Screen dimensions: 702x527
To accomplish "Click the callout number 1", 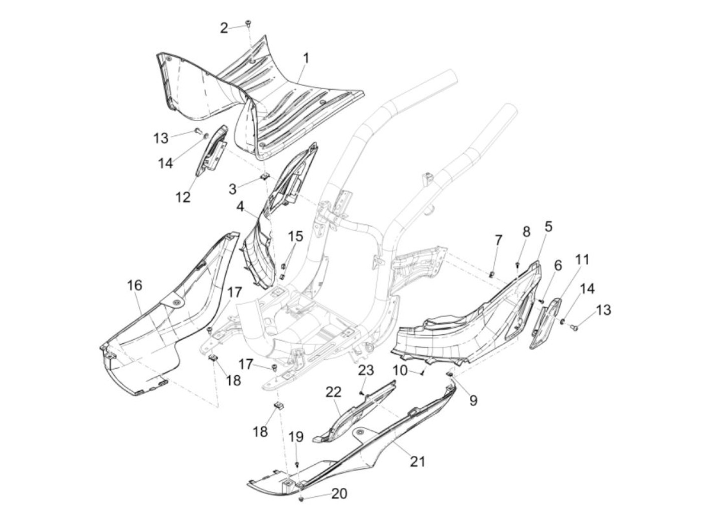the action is pyautogui.click(x=305, y=59).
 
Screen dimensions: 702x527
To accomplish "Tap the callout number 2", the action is pyautogui.click(x=224, y=28).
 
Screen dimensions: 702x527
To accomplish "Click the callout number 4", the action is pyautogui.click(x=548, y=227).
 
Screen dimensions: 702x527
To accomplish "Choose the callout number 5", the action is pyautogui.click(x=558, y=265).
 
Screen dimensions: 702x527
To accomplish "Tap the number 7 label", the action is pyautogui.click(x=498, y=240).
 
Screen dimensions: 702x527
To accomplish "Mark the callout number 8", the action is pyautogui.click(x=526, y=231).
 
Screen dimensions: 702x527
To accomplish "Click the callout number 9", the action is pyautogui.click(x=473, y=400).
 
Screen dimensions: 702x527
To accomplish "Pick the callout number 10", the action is pyautogui.click(x=400, y=371).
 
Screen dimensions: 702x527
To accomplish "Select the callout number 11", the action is pyautogui.click(x=582, y=259).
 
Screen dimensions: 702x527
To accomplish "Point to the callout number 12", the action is pyautogui.click(x=183, y=197).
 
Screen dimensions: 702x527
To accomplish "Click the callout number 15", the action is pyautogui.click(x=295, y=235).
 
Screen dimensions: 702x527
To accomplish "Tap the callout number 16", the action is pyautogui.click(x=134, y=286).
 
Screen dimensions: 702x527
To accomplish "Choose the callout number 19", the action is pyautogui.click(x=296, y=437).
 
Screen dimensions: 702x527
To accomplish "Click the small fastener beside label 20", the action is pyautogui.click(x=301, y=499).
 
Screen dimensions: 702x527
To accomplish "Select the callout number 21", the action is pyautogui.click(x=417, y=461).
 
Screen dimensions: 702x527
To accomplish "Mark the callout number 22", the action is pyautogui.click(x=333, y=392).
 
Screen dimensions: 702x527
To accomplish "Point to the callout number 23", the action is pyautogui.click(x=366, y=371).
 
